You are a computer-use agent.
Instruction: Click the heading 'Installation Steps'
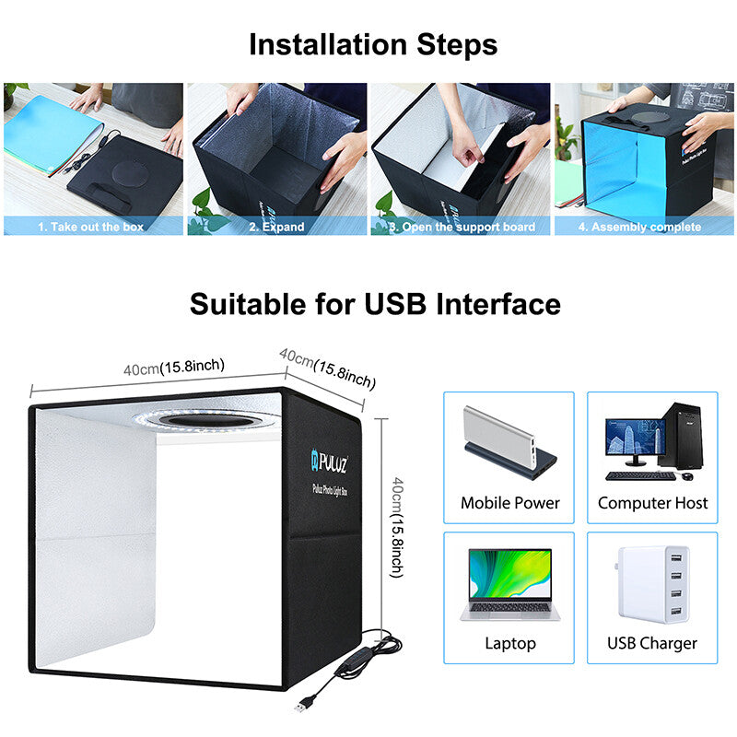373,44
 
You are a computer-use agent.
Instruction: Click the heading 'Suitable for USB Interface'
375,304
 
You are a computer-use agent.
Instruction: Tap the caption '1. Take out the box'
90,227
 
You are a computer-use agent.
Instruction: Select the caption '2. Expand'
275,227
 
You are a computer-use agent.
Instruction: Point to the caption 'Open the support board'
462,227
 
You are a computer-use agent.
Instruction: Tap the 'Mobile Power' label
509,503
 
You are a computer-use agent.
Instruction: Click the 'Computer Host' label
652,503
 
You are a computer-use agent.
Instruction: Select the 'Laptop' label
509,643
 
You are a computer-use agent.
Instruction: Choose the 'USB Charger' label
652,643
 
